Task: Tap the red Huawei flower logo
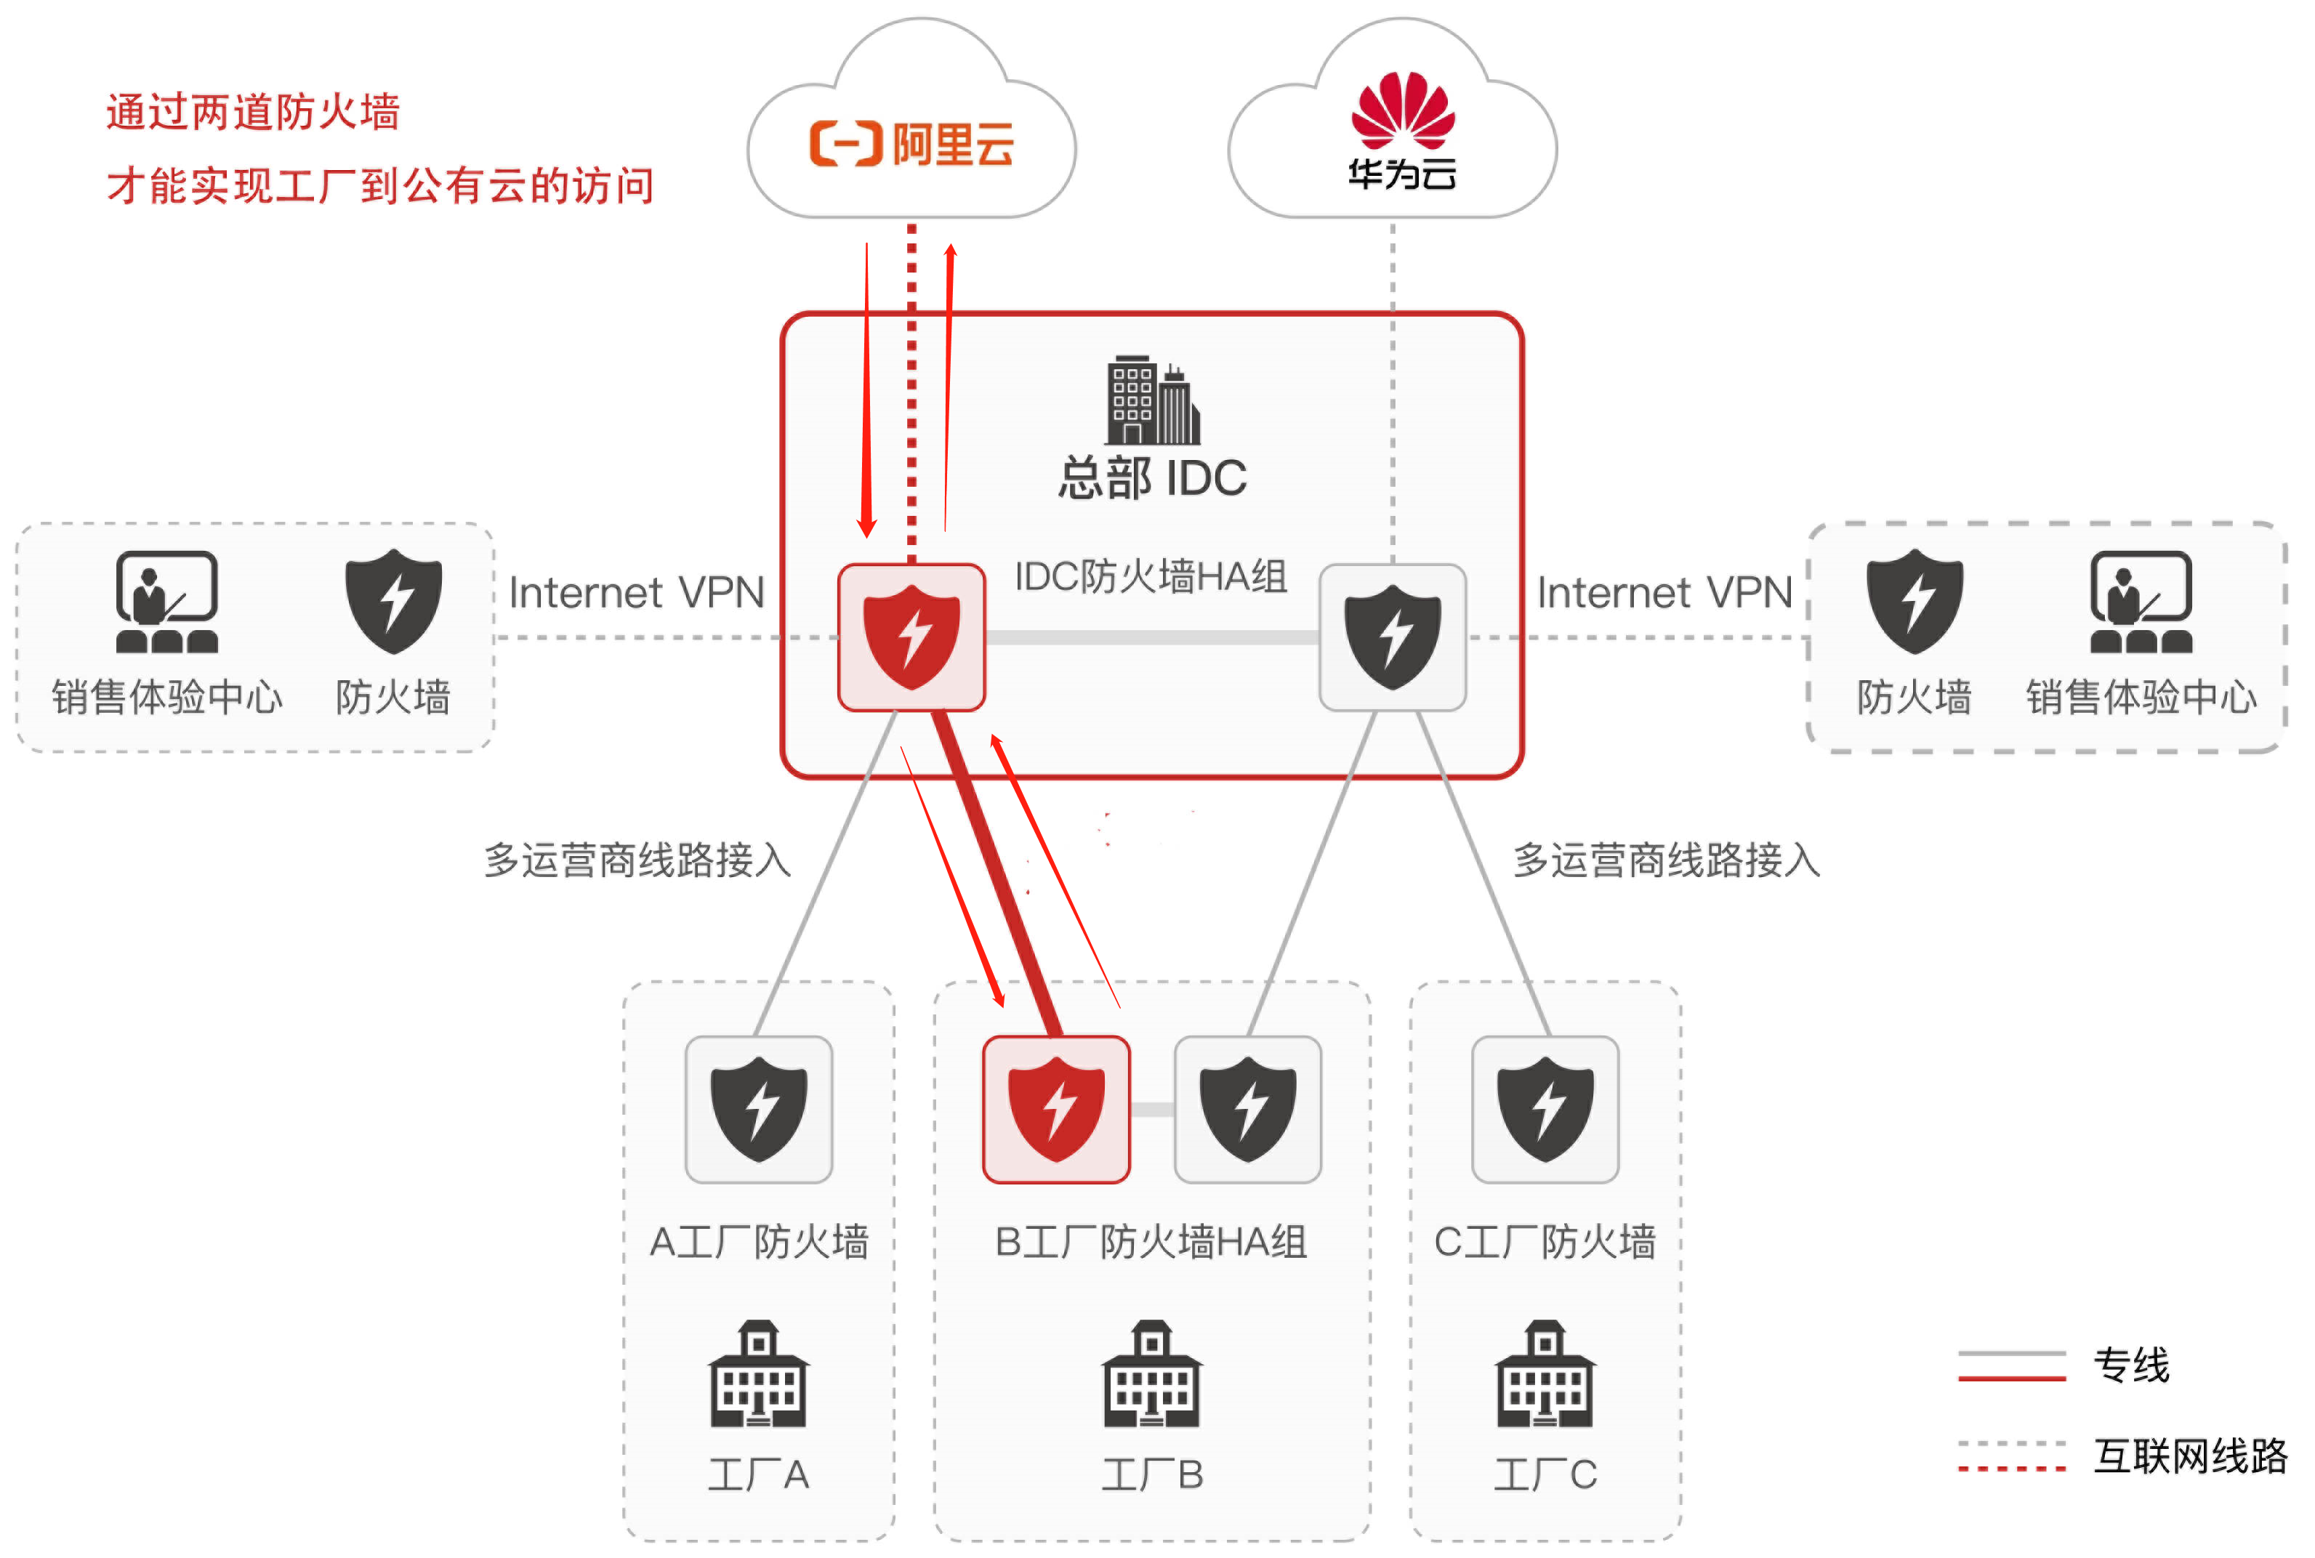(1402, 109)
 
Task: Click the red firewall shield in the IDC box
(911, 637)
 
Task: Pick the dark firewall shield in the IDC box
(1392, 637)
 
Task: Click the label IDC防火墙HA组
(1151, 576)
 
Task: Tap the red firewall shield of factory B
(1055, 1109)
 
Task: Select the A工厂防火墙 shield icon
(758, 1109)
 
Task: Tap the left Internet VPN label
(636, 593)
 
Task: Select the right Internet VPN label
(1664, 593)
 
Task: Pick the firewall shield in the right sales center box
(1914, 601)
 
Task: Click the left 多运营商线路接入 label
(637, 860)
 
